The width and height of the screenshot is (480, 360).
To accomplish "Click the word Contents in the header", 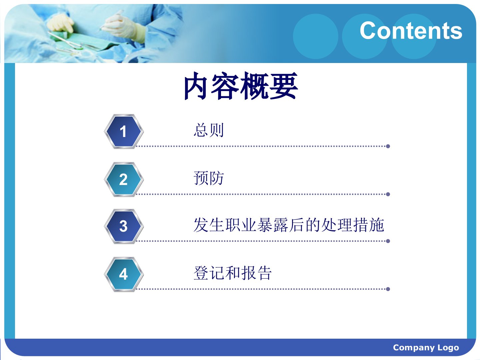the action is (411, 31).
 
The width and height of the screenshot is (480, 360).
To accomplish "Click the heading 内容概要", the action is (241, 86).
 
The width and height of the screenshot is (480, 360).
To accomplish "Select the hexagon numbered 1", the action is (124, 131).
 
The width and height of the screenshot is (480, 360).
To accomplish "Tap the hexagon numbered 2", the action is (124, 179).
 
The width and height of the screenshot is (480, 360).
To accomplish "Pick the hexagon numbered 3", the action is (124, 226).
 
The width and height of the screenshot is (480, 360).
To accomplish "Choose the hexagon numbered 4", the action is (124, 274).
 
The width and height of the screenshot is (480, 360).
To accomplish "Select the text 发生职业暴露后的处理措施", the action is (289, 225).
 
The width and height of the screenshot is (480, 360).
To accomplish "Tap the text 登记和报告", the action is (233, 273).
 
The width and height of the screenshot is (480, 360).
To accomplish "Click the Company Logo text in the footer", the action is (426, 347).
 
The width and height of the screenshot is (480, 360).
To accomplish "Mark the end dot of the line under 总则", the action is (388, 146).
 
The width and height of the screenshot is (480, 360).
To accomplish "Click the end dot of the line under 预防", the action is (388, 194).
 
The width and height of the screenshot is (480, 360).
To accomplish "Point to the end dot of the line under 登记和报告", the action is (388, 289).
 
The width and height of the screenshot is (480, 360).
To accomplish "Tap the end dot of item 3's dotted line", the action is (388, 241).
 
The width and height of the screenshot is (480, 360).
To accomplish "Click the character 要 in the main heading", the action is (284, 86).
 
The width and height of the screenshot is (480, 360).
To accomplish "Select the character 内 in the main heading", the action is (198, 86).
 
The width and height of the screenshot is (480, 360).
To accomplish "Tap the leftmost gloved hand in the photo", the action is (61, 23).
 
